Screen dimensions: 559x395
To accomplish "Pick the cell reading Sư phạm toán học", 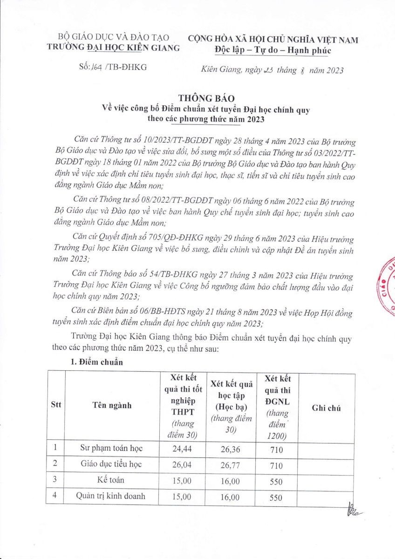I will [x=111, y=449].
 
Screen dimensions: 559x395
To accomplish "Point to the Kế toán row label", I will [x=111, y=480].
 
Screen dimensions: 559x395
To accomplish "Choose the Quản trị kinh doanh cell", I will [x=111, y=497].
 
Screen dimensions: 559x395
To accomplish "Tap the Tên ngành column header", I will [x=111, y=406].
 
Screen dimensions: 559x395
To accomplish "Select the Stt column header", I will [x=55, y=406].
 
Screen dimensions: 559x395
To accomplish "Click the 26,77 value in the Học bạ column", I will [x=231, y=465].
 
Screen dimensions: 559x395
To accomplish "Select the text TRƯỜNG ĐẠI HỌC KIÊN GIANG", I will [x=113, y=47].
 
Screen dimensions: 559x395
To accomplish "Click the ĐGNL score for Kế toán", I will [x=276, y=482].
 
